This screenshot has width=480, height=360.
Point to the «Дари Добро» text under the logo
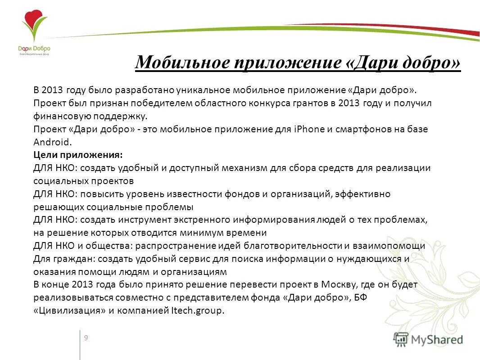(34, 49)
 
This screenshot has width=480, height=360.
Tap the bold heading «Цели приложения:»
(78, 155)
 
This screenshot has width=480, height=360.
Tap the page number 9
(86, 338)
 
